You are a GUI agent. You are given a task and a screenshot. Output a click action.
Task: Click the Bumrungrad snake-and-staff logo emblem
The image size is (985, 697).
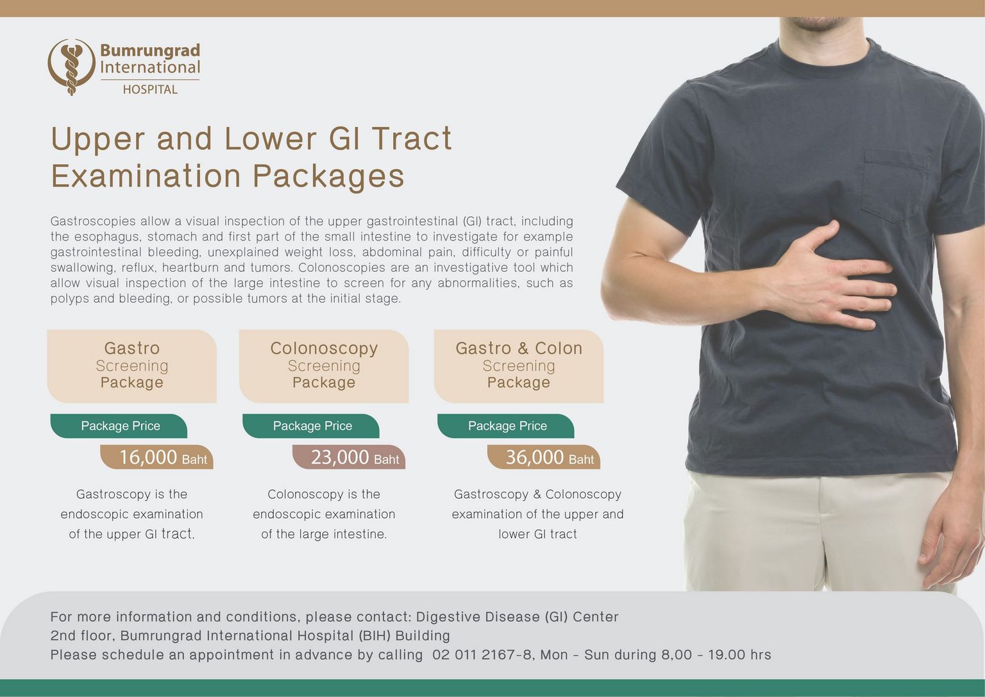(x=71, y=67)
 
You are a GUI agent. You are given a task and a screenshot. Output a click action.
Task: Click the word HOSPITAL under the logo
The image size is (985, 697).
(x=150, y=90)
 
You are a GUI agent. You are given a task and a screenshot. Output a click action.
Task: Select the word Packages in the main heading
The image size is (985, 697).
(x=328, y=176)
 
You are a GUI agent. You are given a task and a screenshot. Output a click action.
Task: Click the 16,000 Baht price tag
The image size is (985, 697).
(x=157, y=457)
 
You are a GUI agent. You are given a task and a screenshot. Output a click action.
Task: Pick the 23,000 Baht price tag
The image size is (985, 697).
(x=349, y=457)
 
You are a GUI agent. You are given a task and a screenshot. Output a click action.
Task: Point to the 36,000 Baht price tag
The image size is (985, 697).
(x=544, y=457)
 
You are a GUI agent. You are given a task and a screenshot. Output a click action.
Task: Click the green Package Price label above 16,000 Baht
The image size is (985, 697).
(x=119, y=426)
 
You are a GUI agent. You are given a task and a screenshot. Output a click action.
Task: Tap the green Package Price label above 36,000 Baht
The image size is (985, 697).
(x=506, y=426)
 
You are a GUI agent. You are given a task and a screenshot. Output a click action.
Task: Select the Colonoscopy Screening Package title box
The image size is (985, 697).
(x=324, y=366)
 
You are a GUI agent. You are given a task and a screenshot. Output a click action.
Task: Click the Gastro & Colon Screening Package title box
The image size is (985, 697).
(x=519, y=366)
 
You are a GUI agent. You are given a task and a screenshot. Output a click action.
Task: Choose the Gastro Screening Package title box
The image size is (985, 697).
(x=132, y=366)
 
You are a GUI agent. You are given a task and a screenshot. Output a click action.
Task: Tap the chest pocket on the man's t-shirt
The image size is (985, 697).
(x=897, y=185)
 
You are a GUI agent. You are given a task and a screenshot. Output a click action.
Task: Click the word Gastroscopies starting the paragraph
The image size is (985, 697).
(x=93, y=221)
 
